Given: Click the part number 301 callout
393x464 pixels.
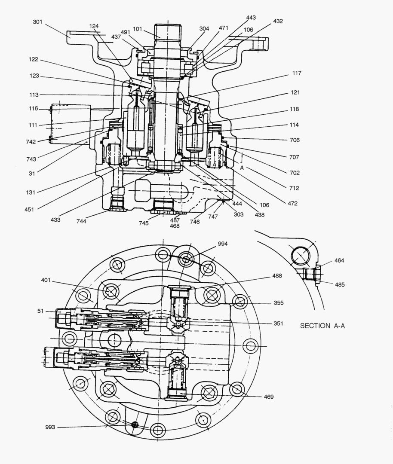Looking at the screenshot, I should (x=37, y=21).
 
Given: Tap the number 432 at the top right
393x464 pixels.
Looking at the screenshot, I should (x=278, y=21).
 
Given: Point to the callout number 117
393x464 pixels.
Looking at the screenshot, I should (x=296, y=73).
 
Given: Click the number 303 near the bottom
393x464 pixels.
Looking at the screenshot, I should (x=238, y=214).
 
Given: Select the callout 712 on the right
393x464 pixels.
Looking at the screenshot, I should (x=294, y=188).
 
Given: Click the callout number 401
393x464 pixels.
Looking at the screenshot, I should (x=46, y=280).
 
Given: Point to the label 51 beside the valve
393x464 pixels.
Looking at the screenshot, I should (x=40, y=311).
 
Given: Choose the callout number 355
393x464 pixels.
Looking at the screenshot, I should (x=278, y=302).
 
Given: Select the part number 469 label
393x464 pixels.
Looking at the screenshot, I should (x=269, y=397).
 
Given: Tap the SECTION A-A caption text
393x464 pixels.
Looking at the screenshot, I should (x=322, y=326).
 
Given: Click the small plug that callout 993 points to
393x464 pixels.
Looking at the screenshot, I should (x=135, y=424).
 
